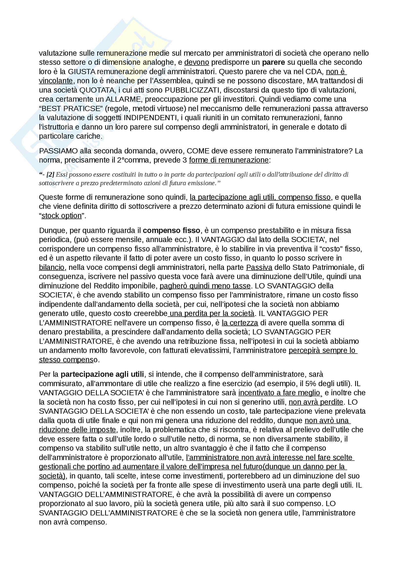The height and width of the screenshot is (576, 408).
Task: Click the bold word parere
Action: (273, 62)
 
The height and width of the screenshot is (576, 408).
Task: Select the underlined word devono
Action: (196, 62)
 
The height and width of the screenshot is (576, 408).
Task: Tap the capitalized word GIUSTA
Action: (81, 71)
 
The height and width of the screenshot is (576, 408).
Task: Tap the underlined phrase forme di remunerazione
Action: (229, 160)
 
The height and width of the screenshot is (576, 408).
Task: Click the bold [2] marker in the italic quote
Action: (50, 174)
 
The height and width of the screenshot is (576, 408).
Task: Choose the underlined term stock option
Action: (62, 215)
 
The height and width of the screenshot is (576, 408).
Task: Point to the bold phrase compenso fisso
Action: (172, 230)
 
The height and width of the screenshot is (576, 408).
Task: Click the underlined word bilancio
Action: (52, 267)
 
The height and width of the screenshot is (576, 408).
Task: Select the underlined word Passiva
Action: (259, 267)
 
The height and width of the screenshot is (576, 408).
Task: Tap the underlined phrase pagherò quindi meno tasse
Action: (205, 286)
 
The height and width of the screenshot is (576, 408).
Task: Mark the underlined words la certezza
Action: (240, 323)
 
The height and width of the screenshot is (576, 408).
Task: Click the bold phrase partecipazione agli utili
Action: (102, 374)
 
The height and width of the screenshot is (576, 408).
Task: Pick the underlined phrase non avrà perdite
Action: (316, 402)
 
